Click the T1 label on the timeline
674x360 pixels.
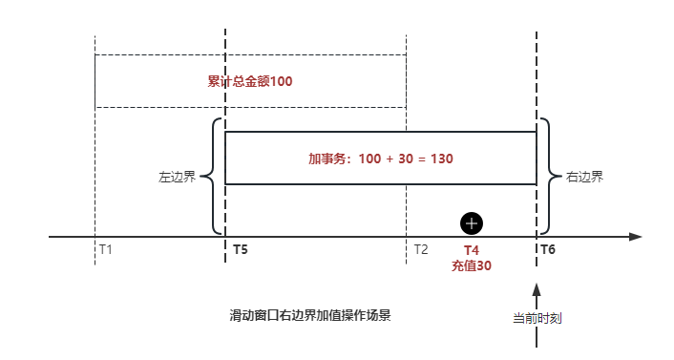point(106,250)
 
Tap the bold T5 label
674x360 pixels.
point(241,250)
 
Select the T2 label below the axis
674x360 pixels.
point(421,250)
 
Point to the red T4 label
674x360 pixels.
point(472,251)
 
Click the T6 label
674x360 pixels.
point(548,250)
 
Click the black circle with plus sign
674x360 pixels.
point(471,223)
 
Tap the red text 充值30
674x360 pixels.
point(472,266)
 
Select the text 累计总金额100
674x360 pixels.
point(250,81)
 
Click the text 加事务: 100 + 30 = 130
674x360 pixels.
point(380,159)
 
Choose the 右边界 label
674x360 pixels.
point(585,178)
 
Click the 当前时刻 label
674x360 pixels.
point(537,318)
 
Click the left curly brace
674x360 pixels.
point(215,177)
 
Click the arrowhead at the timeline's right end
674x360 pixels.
point(636,236)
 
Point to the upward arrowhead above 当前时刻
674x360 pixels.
point(537,290)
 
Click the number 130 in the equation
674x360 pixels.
point(441,159)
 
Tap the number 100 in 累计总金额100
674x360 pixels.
point(281,81)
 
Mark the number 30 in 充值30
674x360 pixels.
point(484,266)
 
